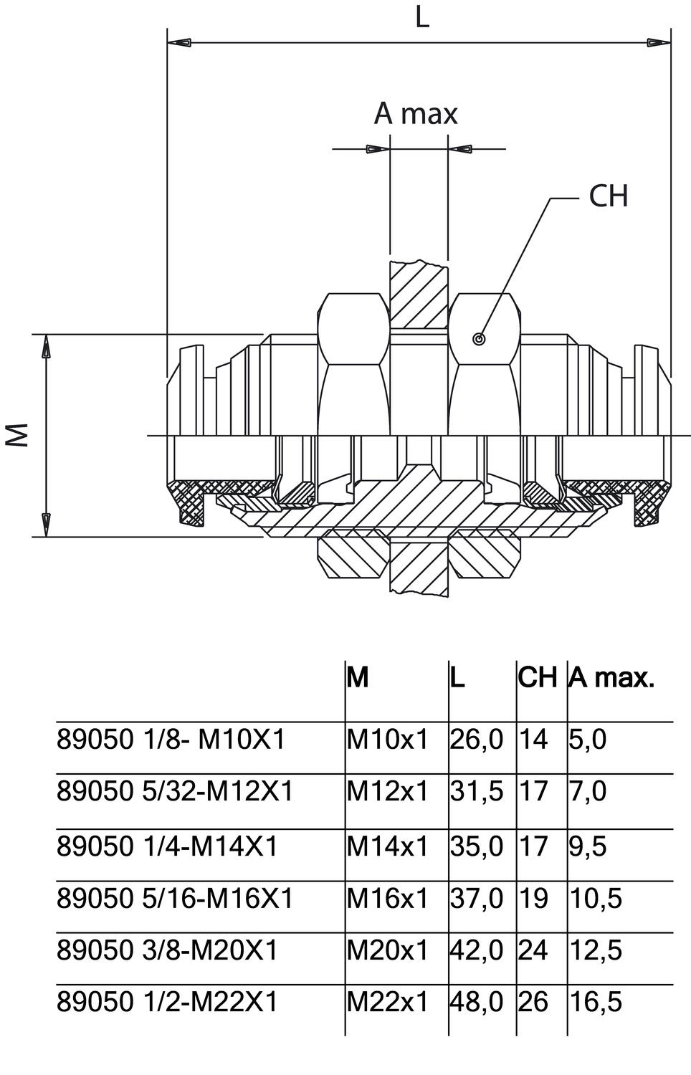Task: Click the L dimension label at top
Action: [422, 17]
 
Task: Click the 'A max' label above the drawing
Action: [416, 114]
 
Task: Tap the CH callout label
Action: [608, 196]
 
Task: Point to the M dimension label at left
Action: [18, 434]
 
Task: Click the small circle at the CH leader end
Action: [479, 339]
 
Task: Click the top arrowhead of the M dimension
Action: [46, 348]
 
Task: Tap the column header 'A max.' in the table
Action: [611, 677]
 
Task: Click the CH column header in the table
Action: [537, 677]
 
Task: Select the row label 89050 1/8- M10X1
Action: [171, 739]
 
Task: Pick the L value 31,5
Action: [476, 791]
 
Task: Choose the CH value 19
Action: [533, 897]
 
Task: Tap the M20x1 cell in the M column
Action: [387, 950]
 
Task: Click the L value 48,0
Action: [476, 1001]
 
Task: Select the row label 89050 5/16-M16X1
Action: [175, 897]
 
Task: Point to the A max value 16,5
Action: [596, 1001]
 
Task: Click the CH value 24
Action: [533, 950]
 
